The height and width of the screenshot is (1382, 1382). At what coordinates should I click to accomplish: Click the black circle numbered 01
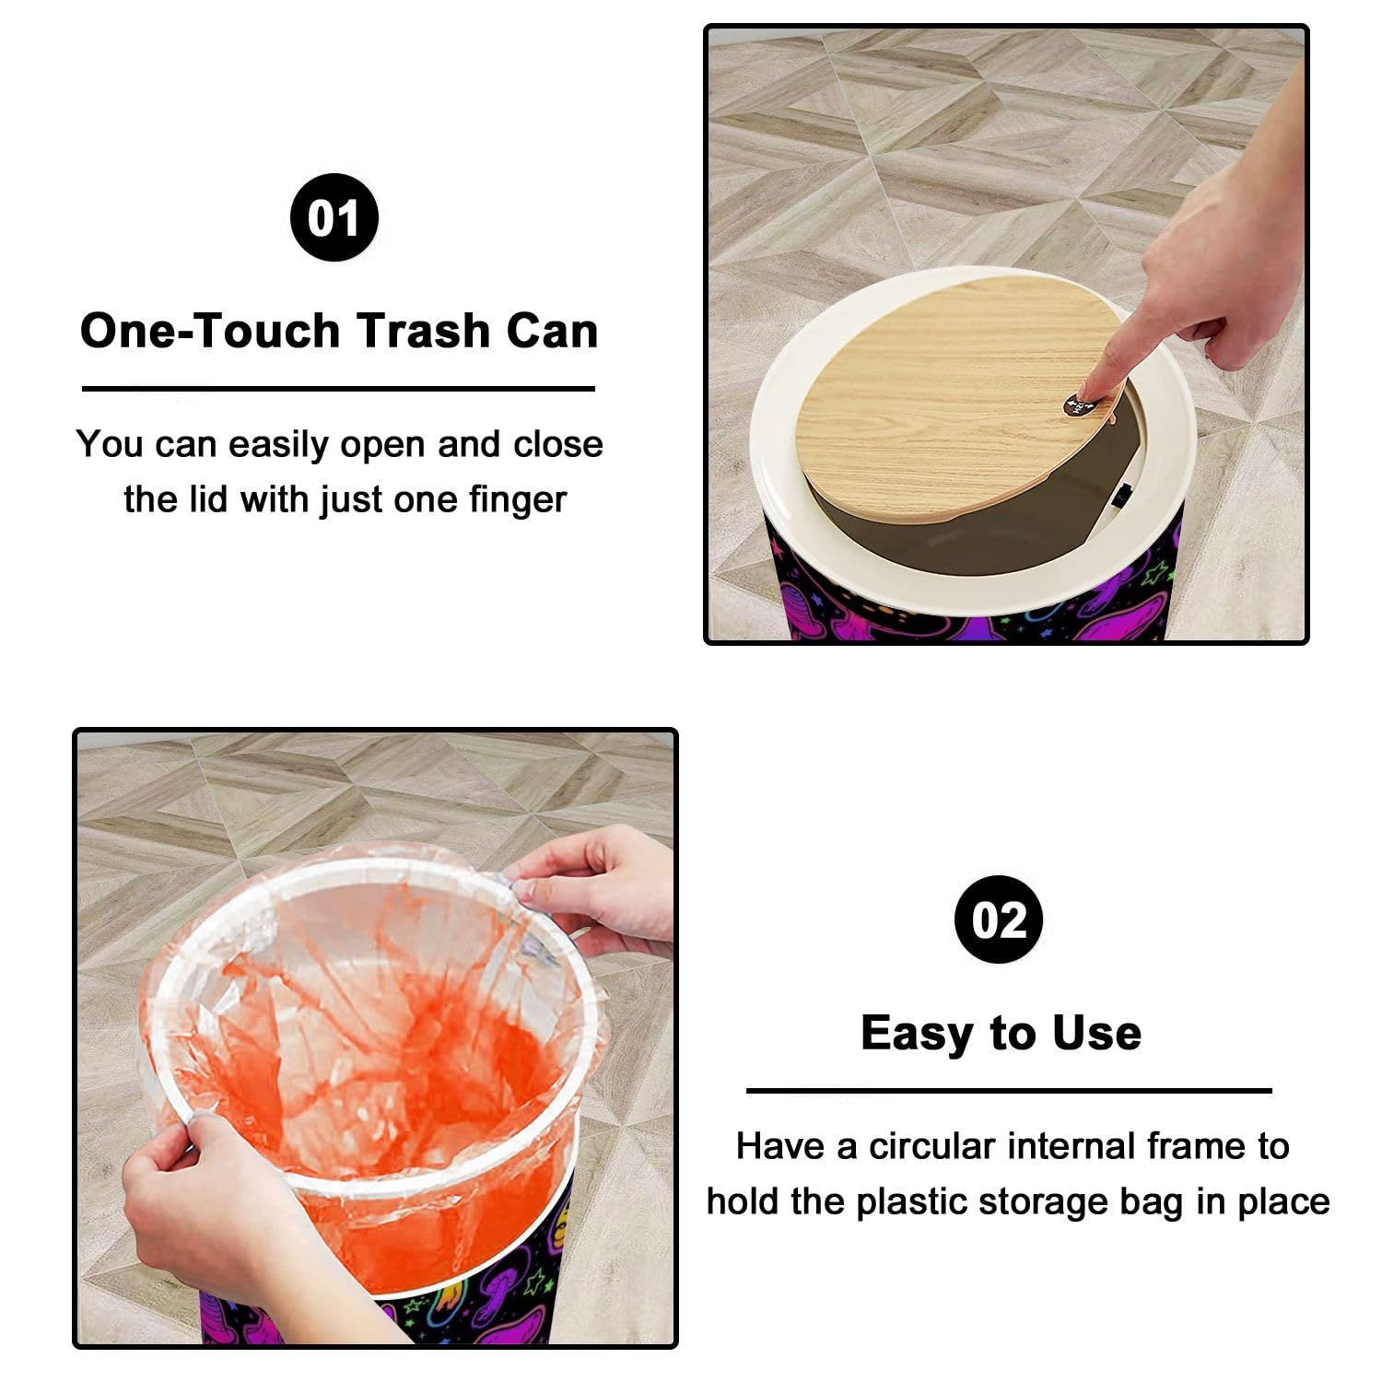(334, 217)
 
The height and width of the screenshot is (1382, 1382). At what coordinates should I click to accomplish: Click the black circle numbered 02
(999, 919)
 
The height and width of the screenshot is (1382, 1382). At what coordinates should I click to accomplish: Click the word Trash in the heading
(423, 331)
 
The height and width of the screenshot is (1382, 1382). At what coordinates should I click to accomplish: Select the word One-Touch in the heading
(210, 331)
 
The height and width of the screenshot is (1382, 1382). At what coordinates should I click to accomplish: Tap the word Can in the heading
(552, 331)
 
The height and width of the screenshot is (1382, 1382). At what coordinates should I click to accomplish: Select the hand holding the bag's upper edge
(590, 889)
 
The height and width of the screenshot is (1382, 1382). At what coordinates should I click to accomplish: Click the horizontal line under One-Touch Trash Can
(338, 389)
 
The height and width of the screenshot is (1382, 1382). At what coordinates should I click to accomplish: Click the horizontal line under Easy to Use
(1009, 1091)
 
